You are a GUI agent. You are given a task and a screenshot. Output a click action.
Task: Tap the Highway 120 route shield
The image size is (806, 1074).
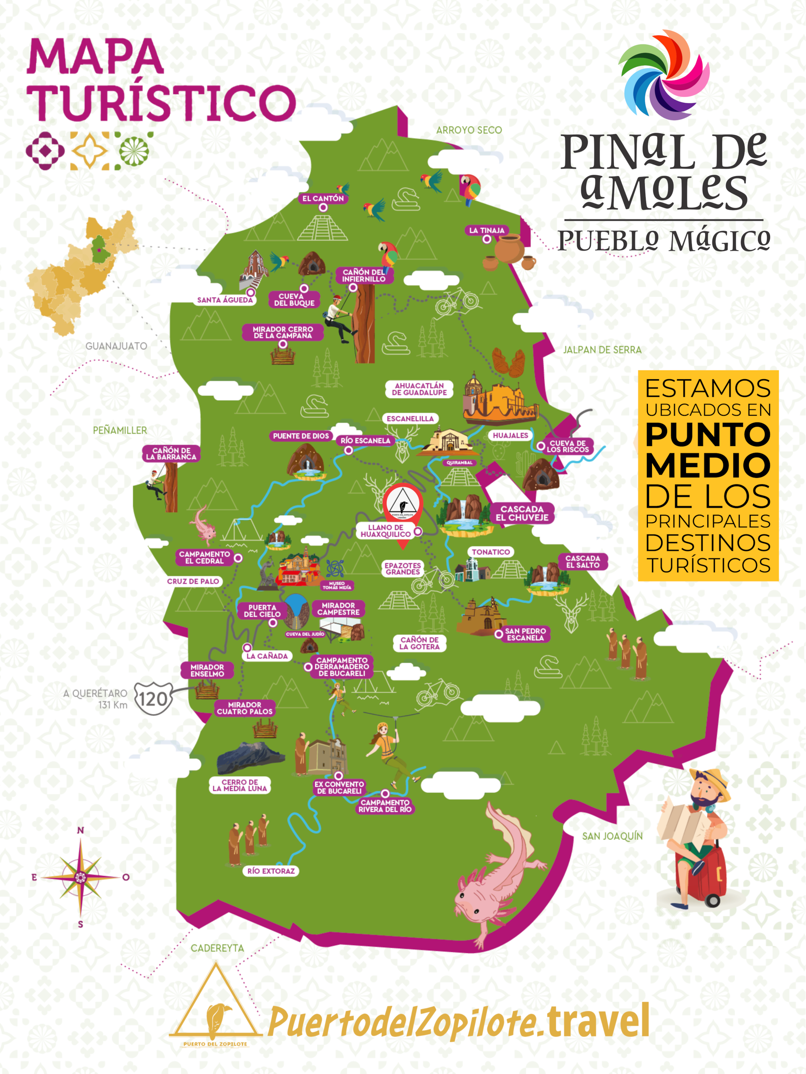pos(153,699)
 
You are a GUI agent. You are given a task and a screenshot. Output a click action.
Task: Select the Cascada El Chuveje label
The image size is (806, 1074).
pos(522,513)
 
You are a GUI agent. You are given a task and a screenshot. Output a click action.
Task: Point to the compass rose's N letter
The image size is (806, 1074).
pos(81,830)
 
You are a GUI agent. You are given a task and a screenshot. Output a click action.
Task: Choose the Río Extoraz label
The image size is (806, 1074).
pos(271,871)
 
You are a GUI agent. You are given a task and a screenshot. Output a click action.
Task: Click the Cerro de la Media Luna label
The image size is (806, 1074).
pos(240,785)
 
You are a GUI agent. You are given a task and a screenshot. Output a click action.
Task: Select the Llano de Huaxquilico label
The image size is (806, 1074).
pos(386,531)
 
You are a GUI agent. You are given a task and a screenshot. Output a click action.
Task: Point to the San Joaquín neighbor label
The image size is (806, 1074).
pos(612,836)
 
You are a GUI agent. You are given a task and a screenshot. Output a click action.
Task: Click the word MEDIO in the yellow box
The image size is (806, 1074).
pos(708,465)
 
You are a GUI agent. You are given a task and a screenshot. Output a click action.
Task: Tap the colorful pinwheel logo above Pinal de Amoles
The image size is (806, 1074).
pos(664,75)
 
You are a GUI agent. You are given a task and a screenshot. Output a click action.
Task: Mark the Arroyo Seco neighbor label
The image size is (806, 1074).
pos(468,130)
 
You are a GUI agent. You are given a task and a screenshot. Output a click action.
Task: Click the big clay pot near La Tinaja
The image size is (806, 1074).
pos(510,249)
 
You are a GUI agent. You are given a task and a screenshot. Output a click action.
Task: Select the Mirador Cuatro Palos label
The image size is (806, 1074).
pos(244,708)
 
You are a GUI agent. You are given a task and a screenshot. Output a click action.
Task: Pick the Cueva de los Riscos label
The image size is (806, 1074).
pos(568,446)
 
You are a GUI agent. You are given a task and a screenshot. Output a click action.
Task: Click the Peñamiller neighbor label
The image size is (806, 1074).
pos(120,430)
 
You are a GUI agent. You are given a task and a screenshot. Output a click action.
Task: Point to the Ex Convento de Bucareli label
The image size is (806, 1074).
pos(339,787)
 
